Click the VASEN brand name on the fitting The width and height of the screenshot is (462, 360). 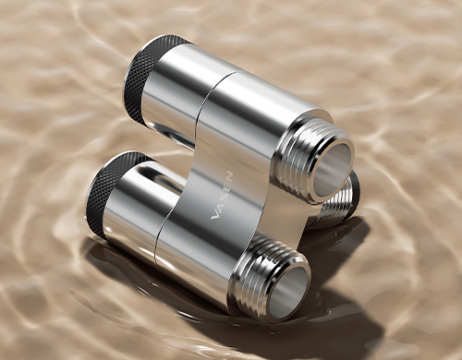[222, 196]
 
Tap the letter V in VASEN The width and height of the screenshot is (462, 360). [215, 216]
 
